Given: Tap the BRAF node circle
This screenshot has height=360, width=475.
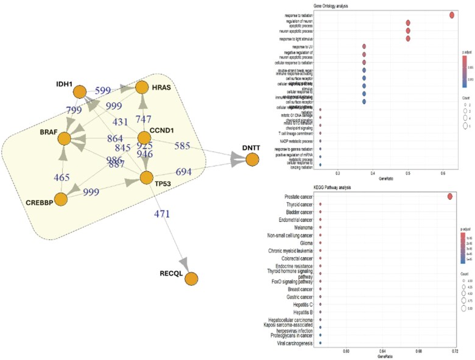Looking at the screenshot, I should pos(66,139).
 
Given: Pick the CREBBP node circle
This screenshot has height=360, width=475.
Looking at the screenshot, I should pos(60,199).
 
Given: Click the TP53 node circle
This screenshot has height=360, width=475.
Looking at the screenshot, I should pos(146,178).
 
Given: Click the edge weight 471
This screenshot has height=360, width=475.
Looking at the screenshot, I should pos(161,214).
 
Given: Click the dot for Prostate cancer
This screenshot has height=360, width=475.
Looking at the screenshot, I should pos(450,196).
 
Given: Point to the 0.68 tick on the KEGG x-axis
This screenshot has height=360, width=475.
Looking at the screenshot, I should pos(415,351).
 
